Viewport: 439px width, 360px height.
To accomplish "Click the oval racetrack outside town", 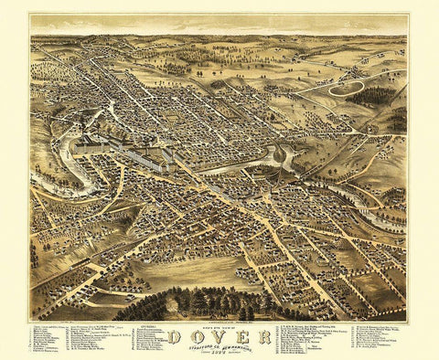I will point(348,88).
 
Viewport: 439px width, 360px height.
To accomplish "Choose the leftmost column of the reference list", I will point(49,340).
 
